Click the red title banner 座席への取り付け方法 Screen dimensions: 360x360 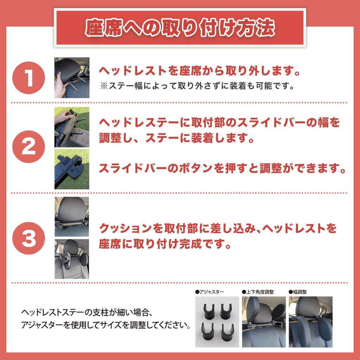pyautogui.click(x=180, y=28)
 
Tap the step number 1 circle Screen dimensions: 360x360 pyautogui.click(x=29, y=78)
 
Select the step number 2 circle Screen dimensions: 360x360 pyautogui.click(x=29, y=147)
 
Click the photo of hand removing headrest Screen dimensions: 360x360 pyautogui.click(x=72, y=78)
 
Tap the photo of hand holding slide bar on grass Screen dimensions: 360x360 pyautogui.click(x=72, y=127)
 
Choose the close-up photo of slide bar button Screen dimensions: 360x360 pyautogui.click(x=72, y=169)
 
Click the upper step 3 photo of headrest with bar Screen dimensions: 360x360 pyautogui.click(x=72, y=216)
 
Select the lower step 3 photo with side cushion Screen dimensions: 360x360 pyautogui.click(x=72, y=259)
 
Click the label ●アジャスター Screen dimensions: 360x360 pyautogui.click(x=210, y=292)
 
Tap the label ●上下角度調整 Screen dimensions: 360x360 pyautogui.click(x=258, y=292)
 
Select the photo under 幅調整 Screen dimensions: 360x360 pyautogui.click(x=310, y=322)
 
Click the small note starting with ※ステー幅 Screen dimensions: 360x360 pyautogui.click(x=197, y=86)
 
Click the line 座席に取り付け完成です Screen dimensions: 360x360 pyautogui.click(x=165, y=244)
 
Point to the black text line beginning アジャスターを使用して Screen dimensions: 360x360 pyautogui.click(x=105, y=324)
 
